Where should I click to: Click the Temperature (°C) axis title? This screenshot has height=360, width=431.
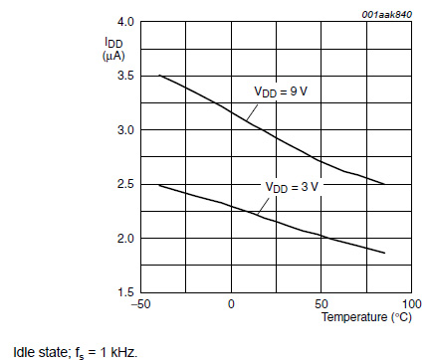coord(365,318)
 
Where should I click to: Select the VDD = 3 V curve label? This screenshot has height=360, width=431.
coord(290,185)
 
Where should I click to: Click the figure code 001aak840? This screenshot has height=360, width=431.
coord(384,9)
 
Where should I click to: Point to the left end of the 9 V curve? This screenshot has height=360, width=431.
coord(159,76)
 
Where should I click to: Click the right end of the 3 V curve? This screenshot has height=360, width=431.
coord(384,253)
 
